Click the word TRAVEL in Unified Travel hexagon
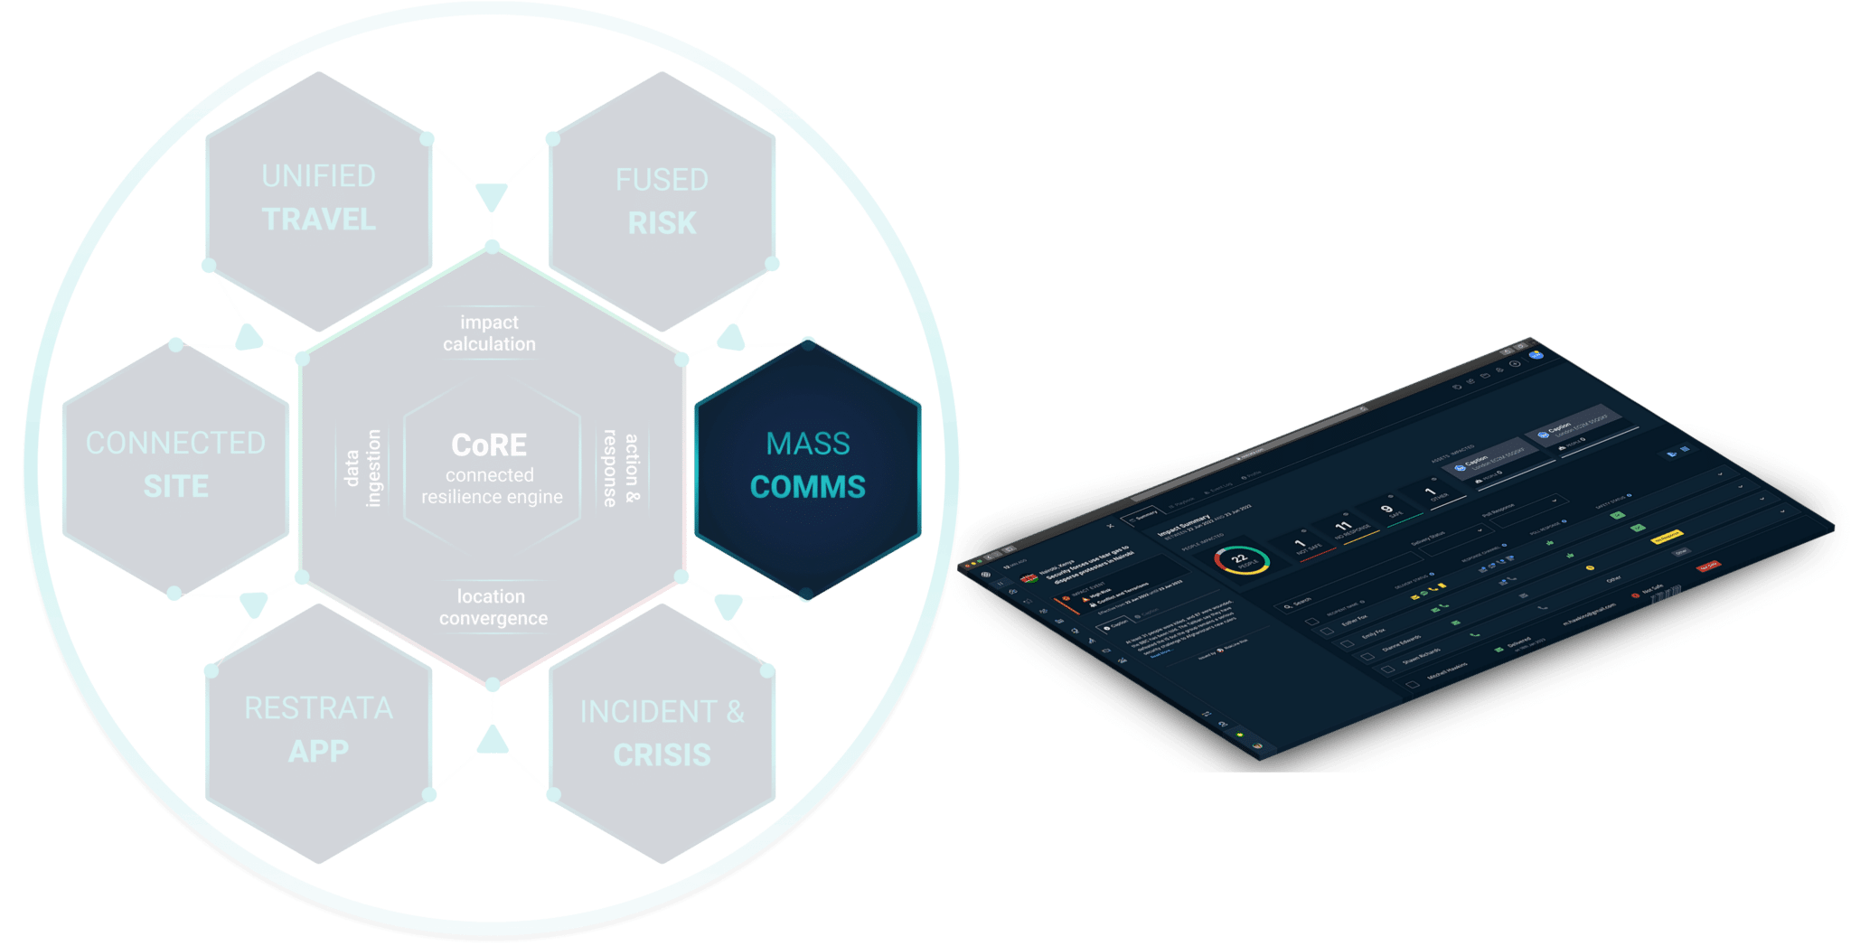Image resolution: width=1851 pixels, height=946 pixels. [318, 220]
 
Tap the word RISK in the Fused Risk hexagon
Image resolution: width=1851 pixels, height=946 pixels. [662, 223]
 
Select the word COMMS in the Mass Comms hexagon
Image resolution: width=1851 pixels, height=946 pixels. [807, 487]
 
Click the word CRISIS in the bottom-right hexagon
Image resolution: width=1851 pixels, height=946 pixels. [662, 755]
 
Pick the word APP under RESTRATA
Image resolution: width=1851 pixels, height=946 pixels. [318, 752]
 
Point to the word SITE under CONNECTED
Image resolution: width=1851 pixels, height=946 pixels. [176, 487]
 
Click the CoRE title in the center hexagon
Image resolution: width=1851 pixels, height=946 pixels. [489, 445]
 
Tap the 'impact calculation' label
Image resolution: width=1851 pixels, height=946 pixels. [489, 333]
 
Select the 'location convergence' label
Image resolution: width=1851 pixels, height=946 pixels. [493, 607]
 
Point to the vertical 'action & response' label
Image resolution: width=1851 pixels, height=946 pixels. [621, 468]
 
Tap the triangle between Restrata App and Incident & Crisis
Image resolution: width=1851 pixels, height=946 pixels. [493, 741]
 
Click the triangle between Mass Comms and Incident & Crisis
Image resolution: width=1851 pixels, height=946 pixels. [728, 605]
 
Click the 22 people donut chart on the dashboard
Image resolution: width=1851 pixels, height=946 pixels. [1241, 560]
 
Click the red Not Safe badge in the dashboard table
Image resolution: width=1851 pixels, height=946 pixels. [1707, 567]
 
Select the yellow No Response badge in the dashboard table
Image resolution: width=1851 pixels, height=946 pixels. [1666, 537]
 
